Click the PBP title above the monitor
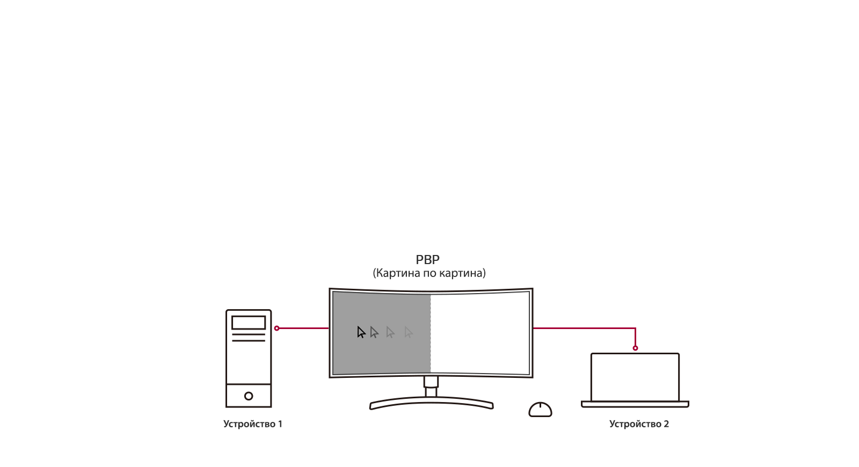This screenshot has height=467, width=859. pos(427,260)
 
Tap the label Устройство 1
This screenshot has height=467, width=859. pos(253,424)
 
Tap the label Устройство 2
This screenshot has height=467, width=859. pos(639,424)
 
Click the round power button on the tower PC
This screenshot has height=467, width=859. pos(249,396)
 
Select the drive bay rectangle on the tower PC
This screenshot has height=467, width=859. pos(249,323)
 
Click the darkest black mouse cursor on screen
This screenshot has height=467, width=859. pos(361,332)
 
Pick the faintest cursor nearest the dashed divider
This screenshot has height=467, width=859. pos(409,332)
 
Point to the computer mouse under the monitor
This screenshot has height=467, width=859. pos(540,410)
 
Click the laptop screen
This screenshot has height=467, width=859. pos(635,377)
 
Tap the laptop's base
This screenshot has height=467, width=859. pos(635,404)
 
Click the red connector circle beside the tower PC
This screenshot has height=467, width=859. pos(276,328)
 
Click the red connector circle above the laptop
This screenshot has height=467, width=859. pos(636,348)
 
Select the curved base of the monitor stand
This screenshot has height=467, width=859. pos(432,402)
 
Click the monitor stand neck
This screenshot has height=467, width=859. pos(431,387)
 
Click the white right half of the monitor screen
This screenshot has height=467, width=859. pos(480,332)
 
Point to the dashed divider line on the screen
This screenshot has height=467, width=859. pos(430,333)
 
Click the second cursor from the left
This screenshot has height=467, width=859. pos(374,332)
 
